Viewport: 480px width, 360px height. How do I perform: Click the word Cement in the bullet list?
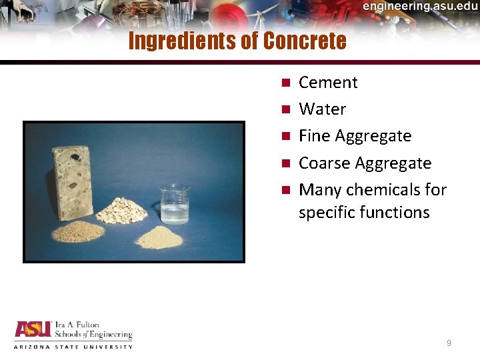point(328,83)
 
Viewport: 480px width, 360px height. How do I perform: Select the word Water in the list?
point(322,109)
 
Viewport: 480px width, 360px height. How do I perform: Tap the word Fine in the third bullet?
point(315,136)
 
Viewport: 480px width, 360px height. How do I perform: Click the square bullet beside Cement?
point(285,83)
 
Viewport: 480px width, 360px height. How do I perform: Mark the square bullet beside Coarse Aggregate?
point(285,163)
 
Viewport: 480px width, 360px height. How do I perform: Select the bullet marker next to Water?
point(285,109)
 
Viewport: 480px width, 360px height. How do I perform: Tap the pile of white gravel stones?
point(121,211)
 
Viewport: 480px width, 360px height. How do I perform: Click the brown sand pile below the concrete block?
point(78,232)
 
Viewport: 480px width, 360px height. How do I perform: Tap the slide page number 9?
point(449,343)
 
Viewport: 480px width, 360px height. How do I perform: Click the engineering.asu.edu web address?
point(421,6)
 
